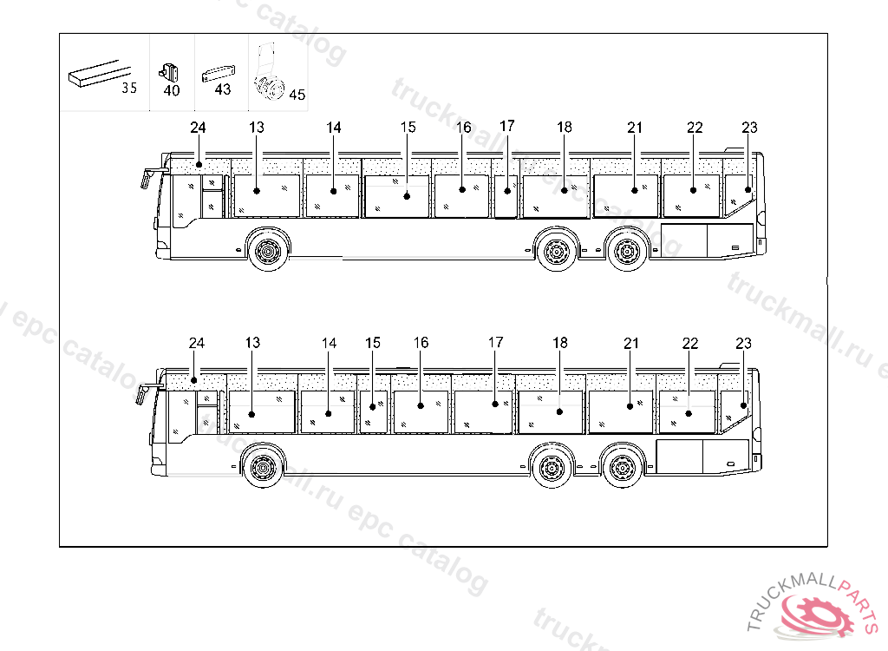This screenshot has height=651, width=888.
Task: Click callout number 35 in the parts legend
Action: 129,88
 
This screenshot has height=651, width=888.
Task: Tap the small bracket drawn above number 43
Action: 218,74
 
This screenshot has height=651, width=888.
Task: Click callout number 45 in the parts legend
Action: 297,95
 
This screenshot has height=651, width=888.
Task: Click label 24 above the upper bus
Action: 198,128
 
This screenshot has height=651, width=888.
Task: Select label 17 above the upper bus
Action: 507,126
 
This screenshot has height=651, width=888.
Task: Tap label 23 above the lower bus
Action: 743,343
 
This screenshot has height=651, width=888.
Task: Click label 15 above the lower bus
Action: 373,343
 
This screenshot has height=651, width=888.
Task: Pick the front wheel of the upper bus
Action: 268,252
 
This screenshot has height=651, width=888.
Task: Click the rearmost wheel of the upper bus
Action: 625,252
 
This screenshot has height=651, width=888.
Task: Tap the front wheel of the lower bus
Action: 262,469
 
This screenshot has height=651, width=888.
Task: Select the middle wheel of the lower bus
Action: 550,469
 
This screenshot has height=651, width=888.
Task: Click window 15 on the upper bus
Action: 397,195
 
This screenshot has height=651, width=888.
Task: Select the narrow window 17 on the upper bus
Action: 507,196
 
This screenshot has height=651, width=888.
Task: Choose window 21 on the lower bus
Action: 621,411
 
